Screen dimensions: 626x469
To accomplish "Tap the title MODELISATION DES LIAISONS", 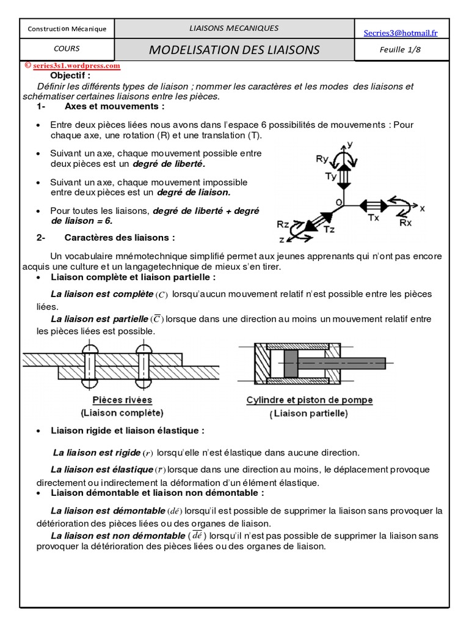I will point(234,50).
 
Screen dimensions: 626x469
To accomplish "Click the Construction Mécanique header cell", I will point(67,29).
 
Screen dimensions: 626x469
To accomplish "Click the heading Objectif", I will point(70,76).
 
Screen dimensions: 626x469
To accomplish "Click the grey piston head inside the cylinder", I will point(289,364).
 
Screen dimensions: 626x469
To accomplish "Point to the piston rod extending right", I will point(354,363).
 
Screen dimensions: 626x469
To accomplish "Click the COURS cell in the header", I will point(67,49).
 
